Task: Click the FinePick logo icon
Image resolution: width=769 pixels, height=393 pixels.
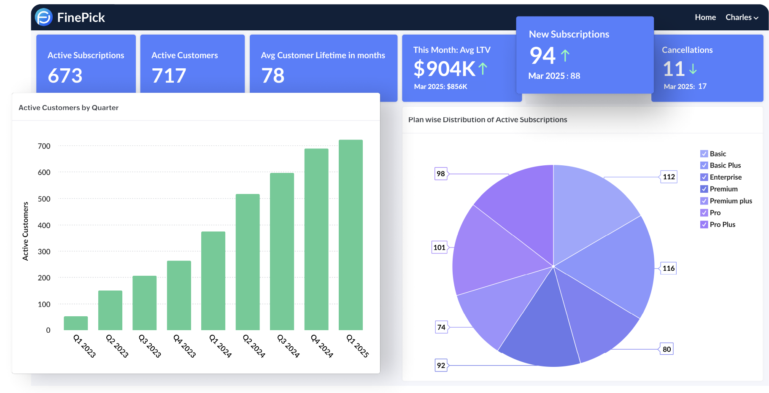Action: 44,17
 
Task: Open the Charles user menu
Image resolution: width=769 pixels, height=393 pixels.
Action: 742,17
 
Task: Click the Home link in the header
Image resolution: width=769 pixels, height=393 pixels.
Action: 705,17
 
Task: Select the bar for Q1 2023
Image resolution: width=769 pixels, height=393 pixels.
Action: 76,323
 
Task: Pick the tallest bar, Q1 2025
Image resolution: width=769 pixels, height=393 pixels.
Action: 351,234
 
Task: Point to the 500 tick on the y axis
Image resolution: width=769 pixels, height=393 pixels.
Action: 44,199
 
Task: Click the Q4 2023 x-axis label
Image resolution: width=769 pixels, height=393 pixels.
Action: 185,346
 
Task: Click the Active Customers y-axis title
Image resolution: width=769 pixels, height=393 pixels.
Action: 25,231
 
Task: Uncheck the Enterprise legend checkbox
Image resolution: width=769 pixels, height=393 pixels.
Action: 704,177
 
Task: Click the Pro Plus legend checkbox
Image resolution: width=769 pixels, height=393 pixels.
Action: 704,224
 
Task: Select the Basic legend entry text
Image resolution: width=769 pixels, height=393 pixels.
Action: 718,154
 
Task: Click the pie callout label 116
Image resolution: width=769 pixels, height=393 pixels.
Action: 668,268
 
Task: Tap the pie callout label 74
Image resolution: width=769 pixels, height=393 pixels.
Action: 441,327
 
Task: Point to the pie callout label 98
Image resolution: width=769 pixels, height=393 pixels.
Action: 441,174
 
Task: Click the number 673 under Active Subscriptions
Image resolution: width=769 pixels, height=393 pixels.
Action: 65,76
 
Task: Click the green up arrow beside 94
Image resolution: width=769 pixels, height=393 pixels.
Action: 565,55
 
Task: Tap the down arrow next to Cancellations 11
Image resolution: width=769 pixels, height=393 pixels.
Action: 693,69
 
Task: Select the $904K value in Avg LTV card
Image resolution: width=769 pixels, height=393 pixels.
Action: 444,69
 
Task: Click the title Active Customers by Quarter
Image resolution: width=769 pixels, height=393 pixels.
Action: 68,108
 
